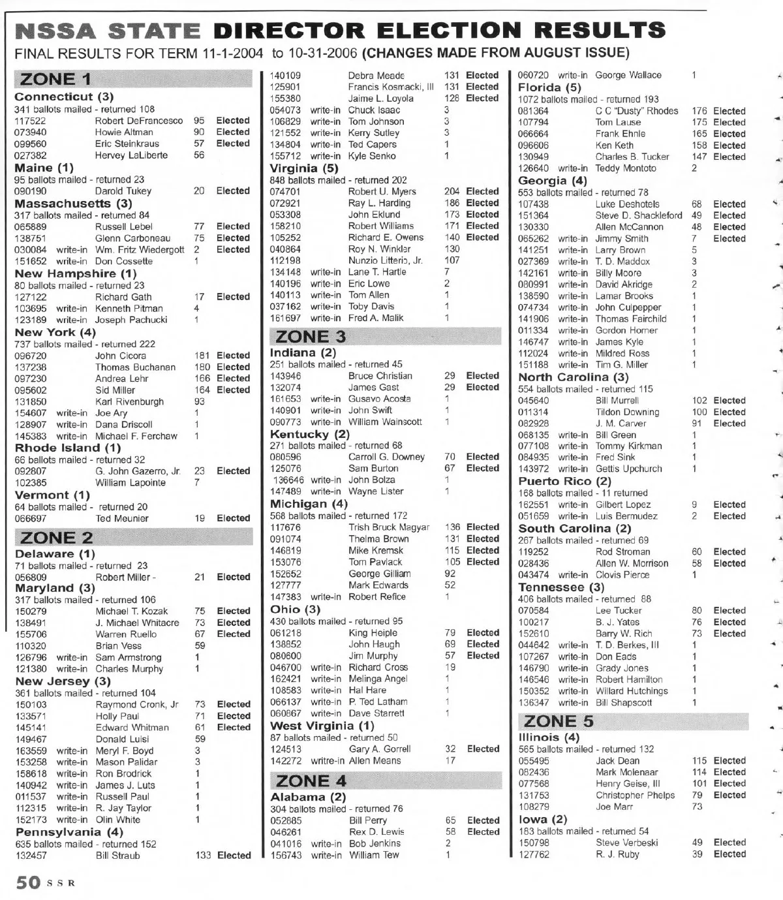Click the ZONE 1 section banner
pos(133,80)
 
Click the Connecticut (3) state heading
pos(64,97)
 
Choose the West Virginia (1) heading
pos(322,726)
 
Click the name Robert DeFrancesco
pos(139,121)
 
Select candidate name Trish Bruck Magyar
pos(389,527)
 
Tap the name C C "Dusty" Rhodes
pos(636,111)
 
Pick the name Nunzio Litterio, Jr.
pos(385,260)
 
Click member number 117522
pos(30,121)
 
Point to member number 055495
pos(534,761)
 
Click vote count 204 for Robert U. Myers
pos(452,191)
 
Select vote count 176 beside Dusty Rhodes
pos(699,111)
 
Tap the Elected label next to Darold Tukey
pos(233,191)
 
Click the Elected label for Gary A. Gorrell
pos(483,749)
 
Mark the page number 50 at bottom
pos(28,883)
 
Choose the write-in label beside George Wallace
pos(573,75)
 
